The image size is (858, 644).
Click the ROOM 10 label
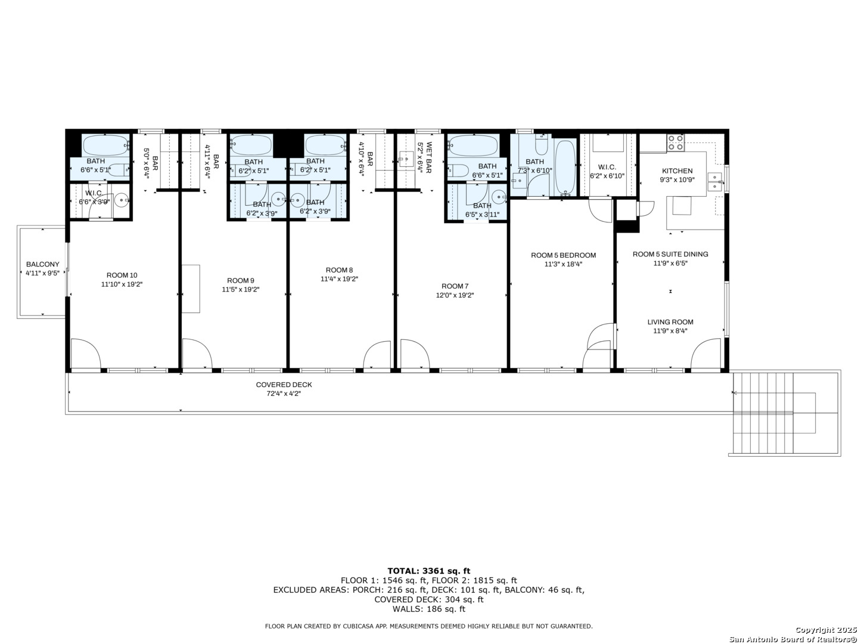[x=122, y=275]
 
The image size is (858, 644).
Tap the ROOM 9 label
[x=241, y=280]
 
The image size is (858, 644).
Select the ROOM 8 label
[x=339, y=270]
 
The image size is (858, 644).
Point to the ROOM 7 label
[x=455, y=286]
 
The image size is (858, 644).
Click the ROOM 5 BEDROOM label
[x=563, y=255]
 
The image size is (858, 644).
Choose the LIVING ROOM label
[x=670, y=322]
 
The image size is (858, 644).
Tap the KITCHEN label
[x=677, y=171]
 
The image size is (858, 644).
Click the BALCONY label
[x=42, y=265]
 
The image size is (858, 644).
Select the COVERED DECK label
[x=284, y=385]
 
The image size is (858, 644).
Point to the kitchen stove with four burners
[x=675, y=143]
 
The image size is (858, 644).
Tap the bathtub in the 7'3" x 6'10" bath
[x=565, y=168]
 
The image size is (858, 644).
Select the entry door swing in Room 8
[x=377, y=355]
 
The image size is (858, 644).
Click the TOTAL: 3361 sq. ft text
[x=428, y=571]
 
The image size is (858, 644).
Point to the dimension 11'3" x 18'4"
[x=563, y=264]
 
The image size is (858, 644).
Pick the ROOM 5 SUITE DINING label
[x=670, y=254]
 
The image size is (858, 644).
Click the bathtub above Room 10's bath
[x=105, y=145]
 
